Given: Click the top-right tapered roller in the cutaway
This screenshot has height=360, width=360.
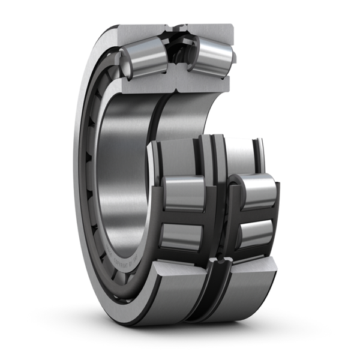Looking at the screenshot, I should [x=211, y=55].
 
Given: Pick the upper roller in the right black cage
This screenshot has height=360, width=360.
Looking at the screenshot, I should [x=257, y=191].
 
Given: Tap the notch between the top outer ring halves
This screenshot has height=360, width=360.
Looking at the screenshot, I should [x=178, y=29].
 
